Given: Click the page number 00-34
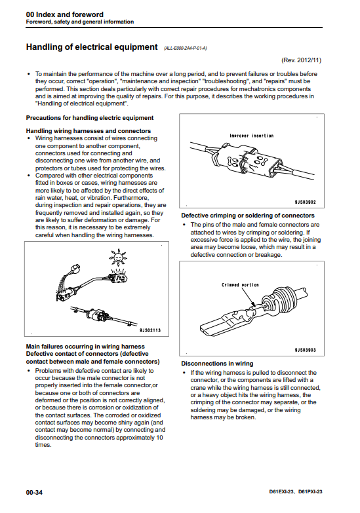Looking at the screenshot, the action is [34, 493].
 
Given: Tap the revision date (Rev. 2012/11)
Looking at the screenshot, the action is [301, 60].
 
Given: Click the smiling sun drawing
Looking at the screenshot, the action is [118, 257].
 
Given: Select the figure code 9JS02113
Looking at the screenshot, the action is [150, 330].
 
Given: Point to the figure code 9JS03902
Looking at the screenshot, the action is [306, 202].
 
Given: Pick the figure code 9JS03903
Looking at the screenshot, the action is [306, 350].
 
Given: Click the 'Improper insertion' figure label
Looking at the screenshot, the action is [252, 136].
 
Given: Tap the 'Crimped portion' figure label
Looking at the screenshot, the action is [240, 285].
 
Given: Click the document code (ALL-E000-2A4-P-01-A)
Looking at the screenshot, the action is [186, 48].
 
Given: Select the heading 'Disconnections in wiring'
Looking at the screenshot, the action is [217, 364].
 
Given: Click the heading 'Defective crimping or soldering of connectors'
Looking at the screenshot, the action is [248, 216].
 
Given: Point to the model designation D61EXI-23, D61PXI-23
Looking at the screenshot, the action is [296, 492].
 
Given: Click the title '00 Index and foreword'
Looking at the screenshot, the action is [64, 14].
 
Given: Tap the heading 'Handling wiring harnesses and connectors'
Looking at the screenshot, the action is [89, 131].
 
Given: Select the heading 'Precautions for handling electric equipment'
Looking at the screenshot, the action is [90, 118].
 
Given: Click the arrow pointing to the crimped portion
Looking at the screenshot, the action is [248, 297].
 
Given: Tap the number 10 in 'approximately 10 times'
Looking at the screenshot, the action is [159, 438].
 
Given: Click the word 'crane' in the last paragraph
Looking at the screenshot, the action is [199, 388].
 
